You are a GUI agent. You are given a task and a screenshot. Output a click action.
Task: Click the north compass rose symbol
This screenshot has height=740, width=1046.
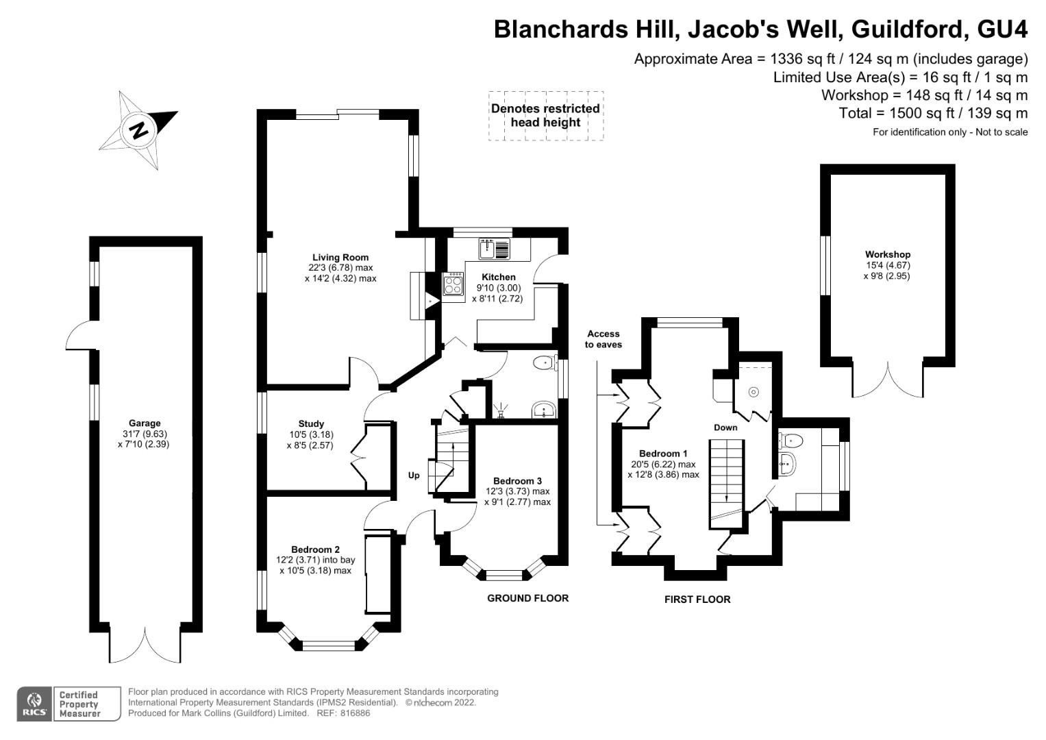[x=139, y=129]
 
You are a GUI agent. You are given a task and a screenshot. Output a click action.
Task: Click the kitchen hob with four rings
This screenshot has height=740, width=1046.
[x=453, y=284]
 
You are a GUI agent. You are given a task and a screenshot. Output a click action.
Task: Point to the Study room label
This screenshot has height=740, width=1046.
[x=311, y=423]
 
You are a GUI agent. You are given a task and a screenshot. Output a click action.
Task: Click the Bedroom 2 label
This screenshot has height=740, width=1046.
[x=315, y=550]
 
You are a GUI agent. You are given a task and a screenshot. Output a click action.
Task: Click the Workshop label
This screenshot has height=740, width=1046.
[x=887, y=254]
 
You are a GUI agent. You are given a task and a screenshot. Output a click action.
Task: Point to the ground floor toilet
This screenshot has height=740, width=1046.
[x=545, y=362]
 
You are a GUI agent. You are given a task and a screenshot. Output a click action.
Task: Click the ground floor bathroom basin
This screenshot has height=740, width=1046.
[x=545, y=410]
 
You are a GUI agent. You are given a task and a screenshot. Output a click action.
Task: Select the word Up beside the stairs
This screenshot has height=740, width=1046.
[x=414, y=475]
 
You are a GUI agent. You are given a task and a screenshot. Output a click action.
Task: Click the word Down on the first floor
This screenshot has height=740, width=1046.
[x=725, y=427]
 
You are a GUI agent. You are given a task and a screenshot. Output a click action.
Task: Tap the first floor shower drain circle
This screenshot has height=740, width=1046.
[x=754, y=392]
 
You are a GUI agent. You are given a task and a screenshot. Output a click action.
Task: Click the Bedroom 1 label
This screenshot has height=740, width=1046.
[x=662, y=454]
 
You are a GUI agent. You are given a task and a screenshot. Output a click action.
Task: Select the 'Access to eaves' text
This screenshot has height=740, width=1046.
[x=603, y=339]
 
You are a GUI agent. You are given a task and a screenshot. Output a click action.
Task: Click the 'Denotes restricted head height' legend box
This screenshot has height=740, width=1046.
[x=545, y=116]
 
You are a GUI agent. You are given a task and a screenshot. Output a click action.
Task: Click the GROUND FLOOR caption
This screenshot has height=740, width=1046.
[x=527, y=598]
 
